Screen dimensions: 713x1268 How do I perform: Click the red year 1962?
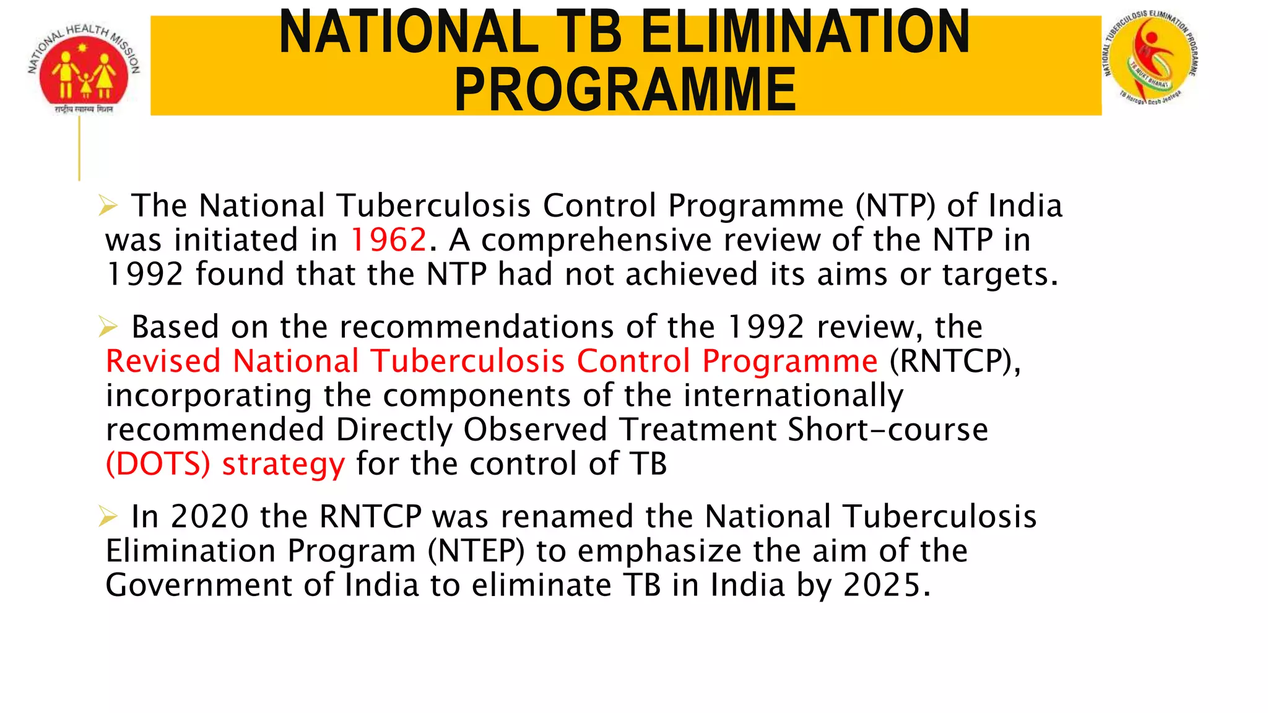388,240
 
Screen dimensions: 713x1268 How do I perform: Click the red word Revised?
163,361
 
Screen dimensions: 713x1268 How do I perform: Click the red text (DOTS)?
158,464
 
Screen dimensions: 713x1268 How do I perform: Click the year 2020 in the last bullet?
209,517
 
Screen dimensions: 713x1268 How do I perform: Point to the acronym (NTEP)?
476,551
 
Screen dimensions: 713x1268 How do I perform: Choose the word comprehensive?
596,241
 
